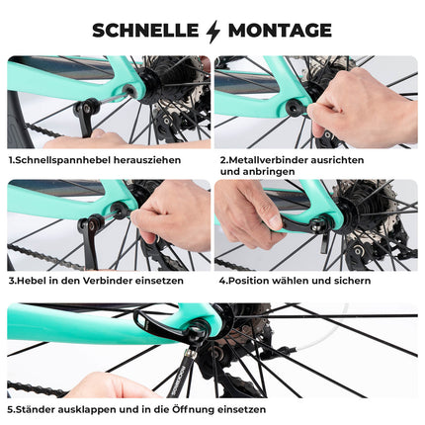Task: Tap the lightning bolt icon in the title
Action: coord(212,31)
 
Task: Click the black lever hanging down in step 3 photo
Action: coord(89,242)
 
